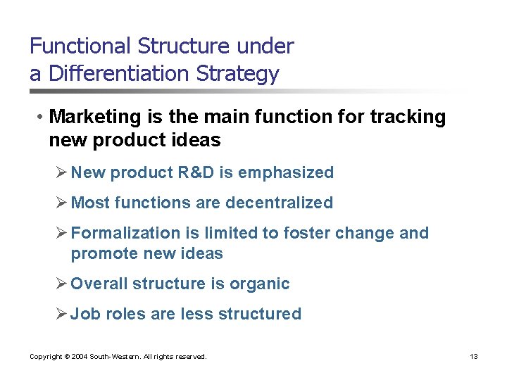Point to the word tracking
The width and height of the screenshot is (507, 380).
[406, 117]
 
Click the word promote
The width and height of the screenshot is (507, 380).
[101, 253]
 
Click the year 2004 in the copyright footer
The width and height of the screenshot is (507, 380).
[76, 357]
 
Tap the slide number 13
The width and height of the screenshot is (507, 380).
[474, 357]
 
